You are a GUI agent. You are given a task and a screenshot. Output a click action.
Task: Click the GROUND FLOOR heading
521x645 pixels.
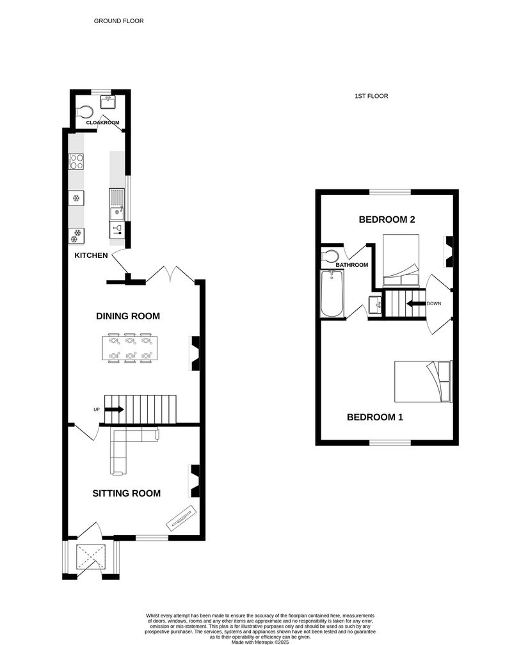point(118,21)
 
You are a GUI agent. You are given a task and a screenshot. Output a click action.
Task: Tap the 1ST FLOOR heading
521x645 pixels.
point(371,96)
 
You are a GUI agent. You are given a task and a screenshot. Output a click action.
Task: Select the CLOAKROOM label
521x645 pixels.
point(102,123)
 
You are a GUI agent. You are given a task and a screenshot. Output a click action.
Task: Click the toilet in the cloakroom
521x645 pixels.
point(84,112)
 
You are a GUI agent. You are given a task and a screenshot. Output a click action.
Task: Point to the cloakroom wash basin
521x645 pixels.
point(107,102)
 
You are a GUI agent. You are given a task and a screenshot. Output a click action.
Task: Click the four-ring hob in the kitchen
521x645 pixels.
point(77,161)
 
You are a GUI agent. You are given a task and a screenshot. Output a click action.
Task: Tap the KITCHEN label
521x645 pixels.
point(91,255)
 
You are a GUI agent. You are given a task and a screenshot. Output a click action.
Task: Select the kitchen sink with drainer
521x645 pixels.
point(117,205)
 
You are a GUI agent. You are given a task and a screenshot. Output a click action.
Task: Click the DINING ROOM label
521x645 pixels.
point(128,316)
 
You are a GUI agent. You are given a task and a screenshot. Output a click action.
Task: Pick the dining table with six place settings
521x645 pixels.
point(130,348)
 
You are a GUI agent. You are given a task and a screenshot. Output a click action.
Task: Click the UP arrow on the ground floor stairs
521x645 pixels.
point(114,410)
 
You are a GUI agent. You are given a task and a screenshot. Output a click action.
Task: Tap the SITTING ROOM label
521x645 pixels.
point(126,493)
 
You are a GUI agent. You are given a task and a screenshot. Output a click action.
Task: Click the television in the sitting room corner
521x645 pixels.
point(182,517)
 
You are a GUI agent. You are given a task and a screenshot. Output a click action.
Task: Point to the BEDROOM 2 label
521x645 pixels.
point(387,219)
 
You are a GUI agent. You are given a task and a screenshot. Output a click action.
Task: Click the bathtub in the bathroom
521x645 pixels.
point(332,294)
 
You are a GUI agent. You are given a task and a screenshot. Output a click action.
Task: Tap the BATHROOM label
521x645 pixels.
point(352,265)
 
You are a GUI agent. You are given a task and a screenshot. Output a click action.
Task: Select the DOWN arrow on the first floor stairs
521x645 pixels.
point(416,303)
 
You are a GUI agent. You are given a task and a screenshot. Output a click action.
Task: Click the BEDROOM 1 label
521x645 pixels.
point(375,417)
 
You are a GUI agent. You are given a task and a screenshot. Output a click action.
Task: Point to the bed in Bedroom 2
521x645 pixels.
point(401,260)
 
